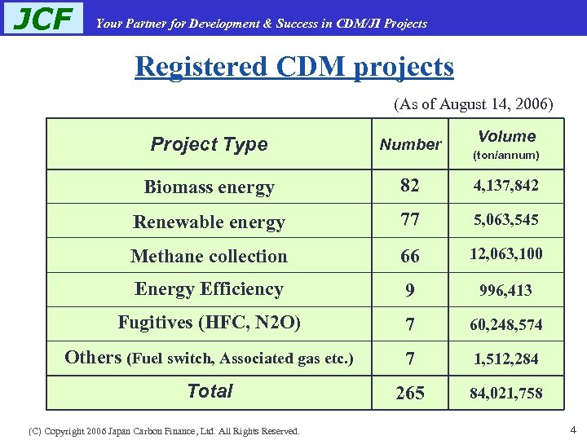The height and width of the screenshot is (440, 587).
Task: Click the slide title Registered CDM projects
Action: coord(294,66)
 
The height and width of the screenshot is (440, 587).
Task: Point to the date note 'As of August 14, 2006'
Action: coord(473,104)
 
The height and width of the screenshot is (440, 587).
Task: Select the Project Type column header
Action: coord(209,144)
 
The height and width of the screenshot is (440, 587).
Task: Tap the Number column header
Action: coord(410,144)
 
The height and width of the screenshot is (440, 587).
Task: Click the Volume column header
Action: coord(506,137)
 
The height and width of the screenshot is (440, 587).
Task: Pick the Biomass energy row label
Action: coord(209,187)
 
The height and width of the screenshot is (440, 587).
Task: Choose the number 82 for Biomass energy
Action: coord(409,186)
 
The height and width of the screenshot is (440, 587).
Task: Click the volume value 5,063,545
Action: coord(506,220)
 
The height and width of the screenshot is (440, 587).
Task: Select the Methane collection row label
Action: coord(209,256)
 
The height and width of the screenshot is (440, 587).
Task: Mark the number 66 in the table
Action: coord(409,256)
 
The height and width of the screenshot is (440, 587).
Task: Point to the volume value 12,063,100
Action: coord(506,255)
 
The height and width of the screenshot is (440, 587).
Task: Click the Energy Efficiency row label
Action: coord(209,289)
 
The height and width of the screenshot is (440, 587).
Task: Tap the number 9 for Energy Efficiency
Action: coord(409,290)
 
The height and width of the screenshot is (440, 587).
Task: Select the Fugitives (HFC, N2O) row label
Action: coord(209,323)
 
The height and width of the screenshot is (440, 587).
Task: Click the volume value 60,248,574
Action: coord(506,325)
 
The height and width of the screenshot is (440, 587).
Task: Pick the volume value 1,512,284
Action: coord(506,359)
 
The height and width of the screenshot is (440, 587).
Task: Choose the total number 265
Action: coord(409,394)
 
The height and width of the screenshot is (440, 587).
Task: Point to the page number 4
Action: coord(573,429)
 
